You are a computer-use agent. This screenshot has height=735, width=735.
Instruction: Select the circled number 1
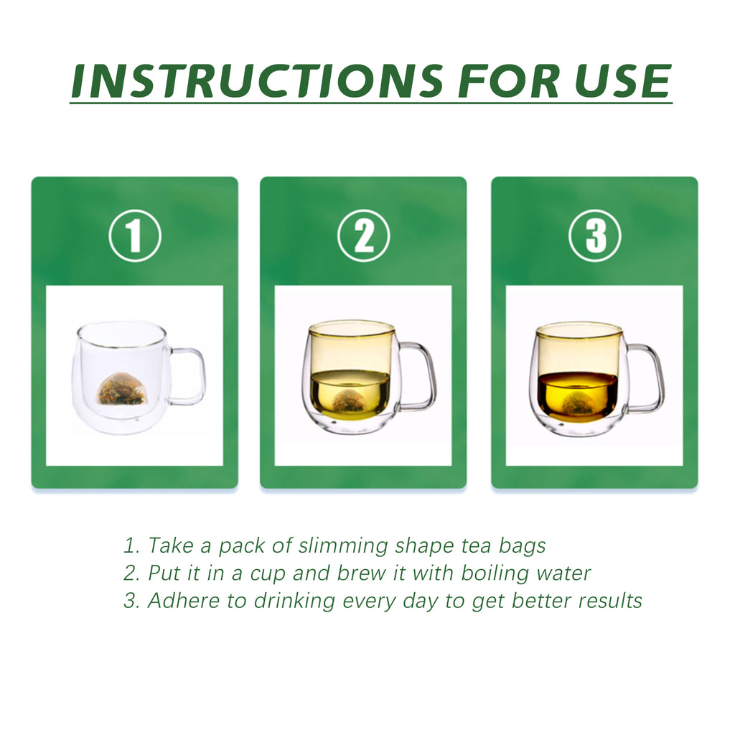[135, 235]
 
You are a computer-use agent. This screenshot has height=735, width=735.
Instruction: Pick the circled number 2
[364, 235]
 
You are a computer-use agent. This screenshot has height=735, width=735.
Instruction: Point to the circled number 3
[595, 235]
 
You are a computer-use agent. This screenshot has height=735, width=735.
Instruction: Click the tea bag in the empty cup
[121, 390]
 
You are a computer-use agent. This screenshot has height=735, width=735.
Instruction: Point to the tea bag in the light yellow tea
[350, 402]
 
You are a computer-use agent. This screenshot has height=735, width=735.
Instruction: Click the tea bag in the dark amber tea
[579, 404]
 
